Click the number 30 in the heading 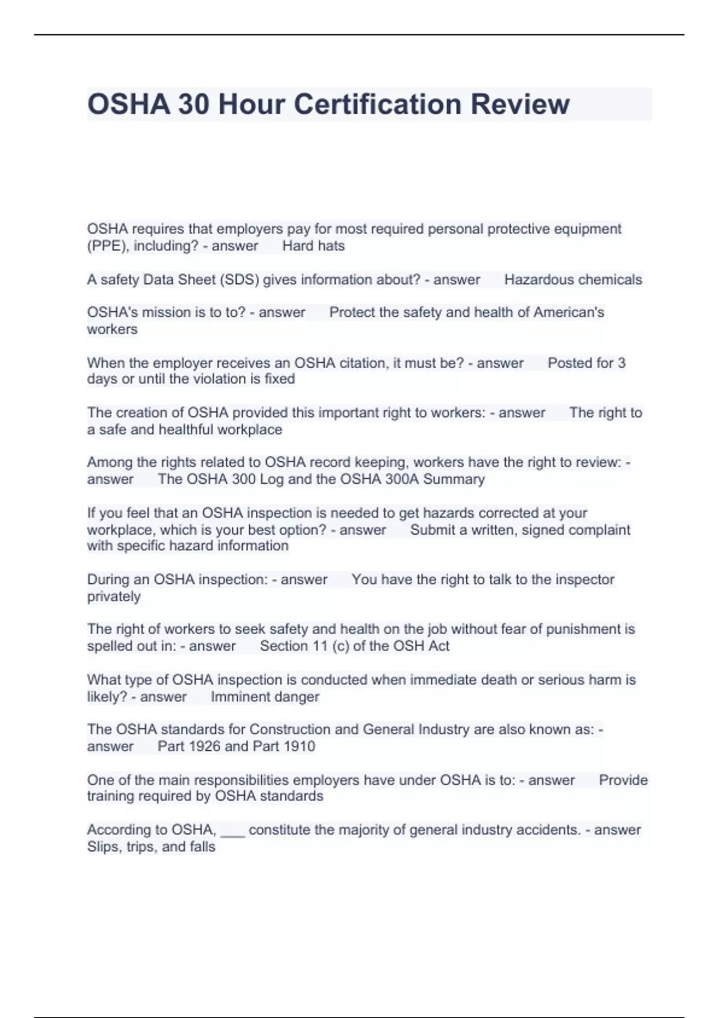pyautogui.click(x=194, y=104)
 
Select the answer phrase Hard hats pyautogui.click(x=313, y=246)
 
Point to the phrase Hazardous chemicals pyautogui.click(x=573, y=280)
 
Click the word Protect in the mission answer pyautogui.click(x=352, y=313)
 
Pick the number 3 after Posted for pyautogui.click(x=621, y=363)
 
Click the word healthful pyautogui.click(x=185, y=430)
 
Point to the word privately pyautogui.click(x=114, y=597)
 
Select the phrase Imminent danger pyautogui.click(x=265, y=697)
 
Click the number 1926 pyautogui.click(x=204, y=747)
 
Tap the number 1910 pyautogui.click(x=299, y=747)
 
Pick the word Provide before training pyautogui.click(x=623, y=780)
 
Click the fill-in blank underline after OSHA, pyautogui.click(x=232, y=834)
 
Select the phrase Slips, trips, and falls pyautogui.click(x=151, y=847)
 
